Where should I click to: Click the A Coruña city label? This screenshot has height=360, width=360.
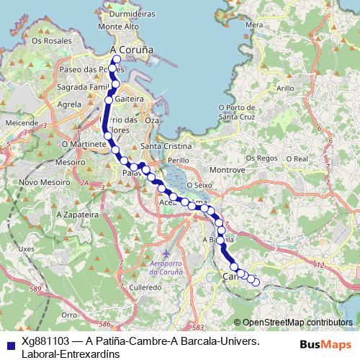click(x=132, y=50)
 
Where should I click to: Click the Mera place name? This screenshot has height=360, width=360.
click(x=254, y=24)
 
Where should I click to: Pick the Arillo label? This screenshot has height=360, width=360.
click(x=286, y=88)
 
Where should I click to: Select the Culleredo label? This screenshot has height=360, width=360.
click(x=145, y=287)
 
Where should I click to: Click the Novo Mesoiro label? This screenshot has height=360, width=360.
click(x=38, y=182)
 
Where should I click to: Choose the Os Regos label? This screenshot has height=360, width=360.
click(x=261, y=158)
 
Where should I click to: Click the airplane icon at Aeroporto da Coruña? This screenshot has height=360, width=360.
click(x=167, y=254)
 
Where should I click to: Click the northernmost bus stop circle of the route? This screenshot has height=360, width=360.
click(x=117, y=59)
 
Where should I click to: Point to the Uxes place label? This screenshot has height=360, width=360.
click(x=26, y=248)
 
